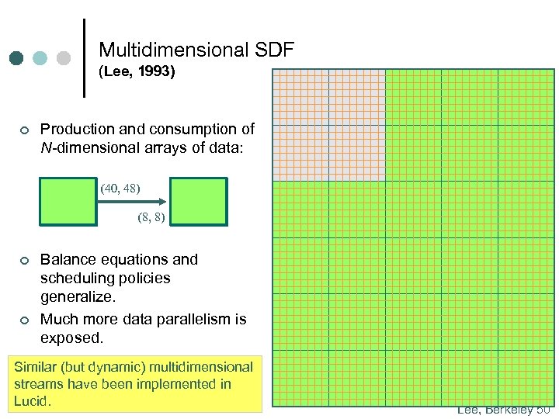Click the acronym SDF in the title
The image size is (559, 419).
(274, 50)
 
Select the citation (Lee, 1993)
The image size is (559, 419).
(137, 73)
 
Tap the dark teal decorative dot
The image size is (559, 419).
(16, 58)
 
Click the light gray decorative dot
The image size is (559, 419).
(64, 58)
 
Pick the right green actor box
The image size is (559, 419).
(199, 202)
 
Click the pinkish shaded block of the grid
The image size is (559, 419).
(328, 125)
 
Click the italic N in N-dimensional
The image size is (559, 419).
(45, 147)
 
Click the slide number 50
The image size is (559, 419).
(543, 410)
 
